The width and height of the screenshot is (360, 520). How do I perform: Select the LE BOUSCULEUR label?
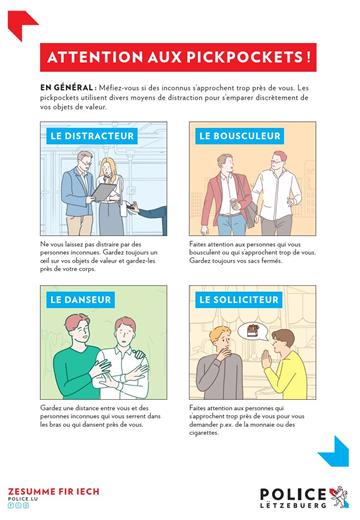pos(233,135)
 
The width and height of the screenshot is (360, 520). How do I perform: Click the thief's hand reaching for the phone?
pos(151,211)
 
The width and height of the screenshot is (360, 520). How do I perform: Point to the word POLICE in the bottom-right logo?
pos(292,491)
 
